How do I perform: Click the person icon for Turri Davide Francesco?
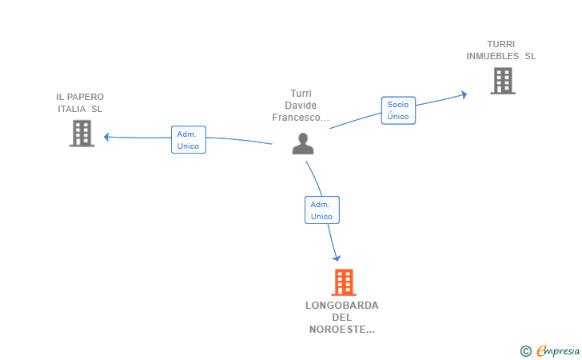click(x=303, y=143)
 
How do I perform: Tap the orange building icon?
click(x=344, y=282)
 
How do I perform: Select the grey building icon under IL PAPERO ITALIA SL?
click(x=82, y=134)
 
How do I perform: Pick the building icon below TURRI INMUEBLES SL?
click(x=503, y=81)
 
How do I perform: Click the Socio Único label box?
click(x=398, y=110)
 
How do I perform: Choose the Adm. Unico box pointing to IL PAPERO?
click(x=189, y=140)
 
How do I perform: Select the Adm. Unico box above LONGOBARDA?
click(x=322, y=210)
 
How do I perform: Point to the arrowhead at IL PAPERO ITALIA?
click(x=106, y=137)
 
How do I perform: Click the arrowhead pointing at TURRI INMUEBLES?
click(x=464, y=94)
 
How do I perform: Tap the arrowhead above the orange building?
click(x=337, y=258)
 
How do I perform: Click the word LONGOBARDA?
click(x=342, y=306)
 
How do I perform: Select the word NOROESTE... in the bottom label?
click(x=342, y=330)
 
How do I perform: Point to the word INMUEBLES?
click(x=492, y=56)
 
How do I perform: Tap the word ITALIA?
click(x=72, y=109)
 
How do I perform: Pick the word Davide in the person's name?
click(x=301, y=106)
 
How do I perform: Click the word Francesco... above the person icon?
click(x=301, y=118)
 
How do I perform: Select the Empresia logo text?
click(x=558, y=350)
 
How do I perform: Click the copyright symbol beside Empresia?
click(x=526, y=351)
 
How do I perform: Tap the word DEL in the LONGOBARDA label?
click(x=342, y=318)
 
